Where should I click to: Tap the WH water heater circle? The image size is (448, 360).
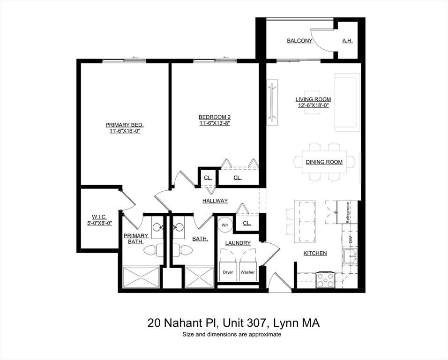(x=225, y=225)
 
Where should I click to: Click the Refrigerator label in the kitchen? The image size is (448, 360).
(x=348, y=212)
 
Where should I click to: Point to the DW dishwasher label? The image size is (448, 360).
(x=351, y=239)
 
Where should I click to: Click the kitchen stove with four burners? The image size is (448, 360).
(x=326, y=280)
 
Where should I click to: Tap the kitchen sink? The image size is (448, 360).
(x=350, y=257)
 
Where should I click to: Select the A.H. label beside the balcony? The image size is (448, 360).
(x=347, y=41)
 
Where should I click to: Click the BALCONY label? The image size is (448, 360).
(x=299, y=41)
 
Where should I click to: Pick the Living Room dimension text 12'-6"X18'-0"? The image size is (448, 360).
(x=313, y=105)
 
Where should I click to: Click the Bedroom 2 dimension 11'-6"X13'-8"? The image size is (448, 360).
(x=215, y=123)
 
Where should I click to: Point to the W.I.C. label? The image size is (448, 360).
(x=99, y=217)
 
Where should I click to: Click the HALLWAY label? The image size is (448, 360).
(x=215, y=201)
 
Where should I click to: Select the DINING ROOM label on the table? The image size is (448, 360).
(x=324, y=162)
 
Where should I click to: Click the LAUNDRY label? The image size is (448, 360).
(x=238, y=243)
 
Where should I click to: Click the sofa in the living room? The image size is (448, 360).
(x=347, y=102)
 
